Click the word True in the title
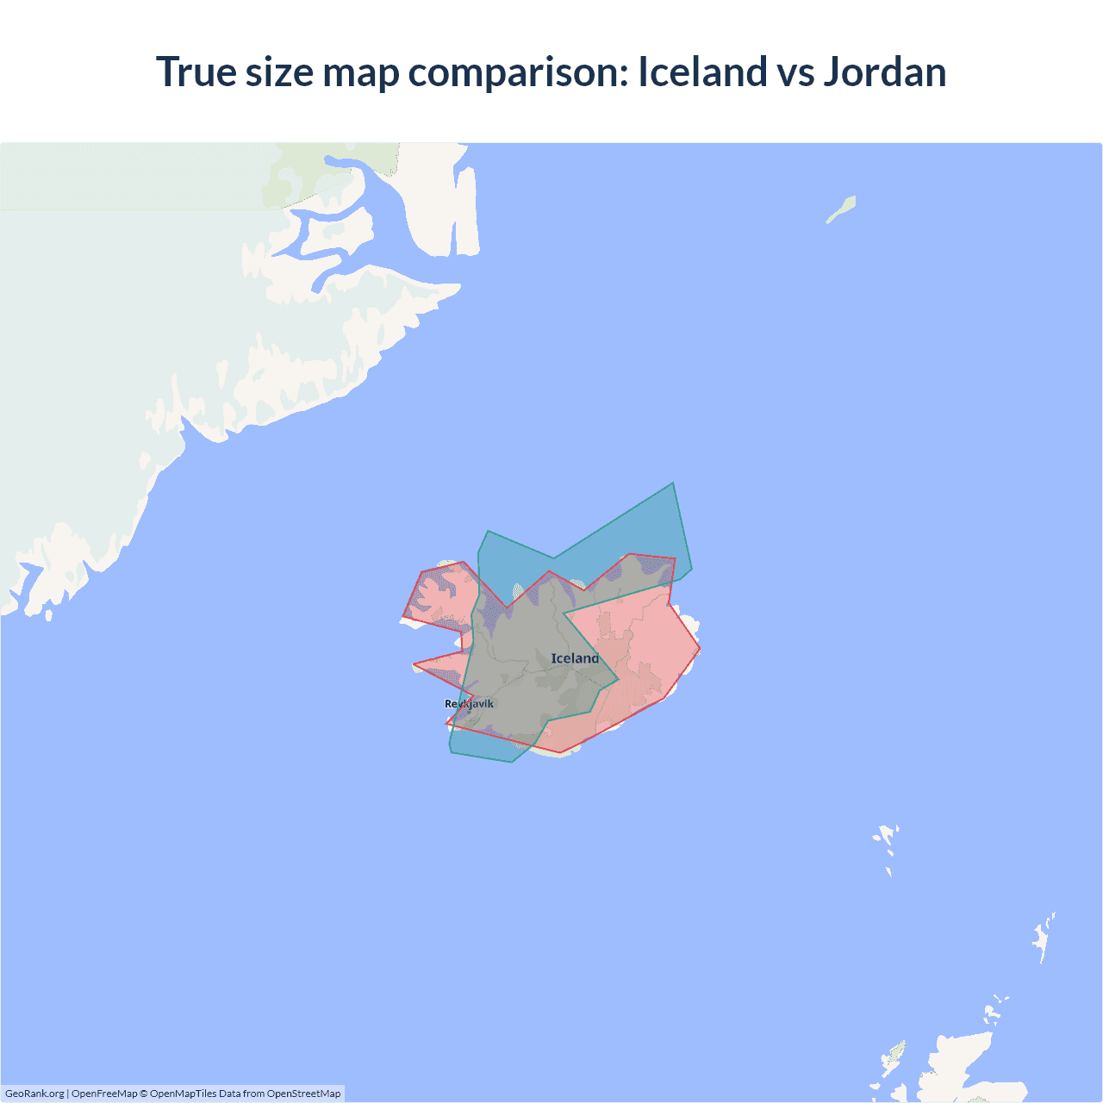coord(196,72)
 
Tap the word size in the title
coord(279,72)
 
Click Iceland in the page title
coord(702,72)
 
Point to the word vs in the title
coord(795,72)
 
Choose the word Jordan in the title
coord(885,72)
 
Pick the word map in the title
coord(361,72)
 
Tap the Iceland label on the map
coord(575,658)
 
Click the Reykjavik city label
coord(470,704)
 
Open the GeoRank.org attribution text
coord(34,1094)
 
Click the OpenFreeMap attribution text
coord(104,1094)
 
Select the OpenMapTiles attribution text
coord(183,1094)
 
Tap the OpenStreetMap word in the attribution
coord(303,1094)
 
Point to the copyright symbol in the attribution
coord(144,1094)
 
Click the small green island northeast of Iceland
coord(842,209)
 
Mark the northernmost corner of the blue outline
coord(673,483)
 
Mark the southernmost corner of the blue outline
coord(512,763)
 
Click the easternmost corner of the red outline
coord(700,648)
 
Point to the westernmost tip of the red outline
coord(402,618)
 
